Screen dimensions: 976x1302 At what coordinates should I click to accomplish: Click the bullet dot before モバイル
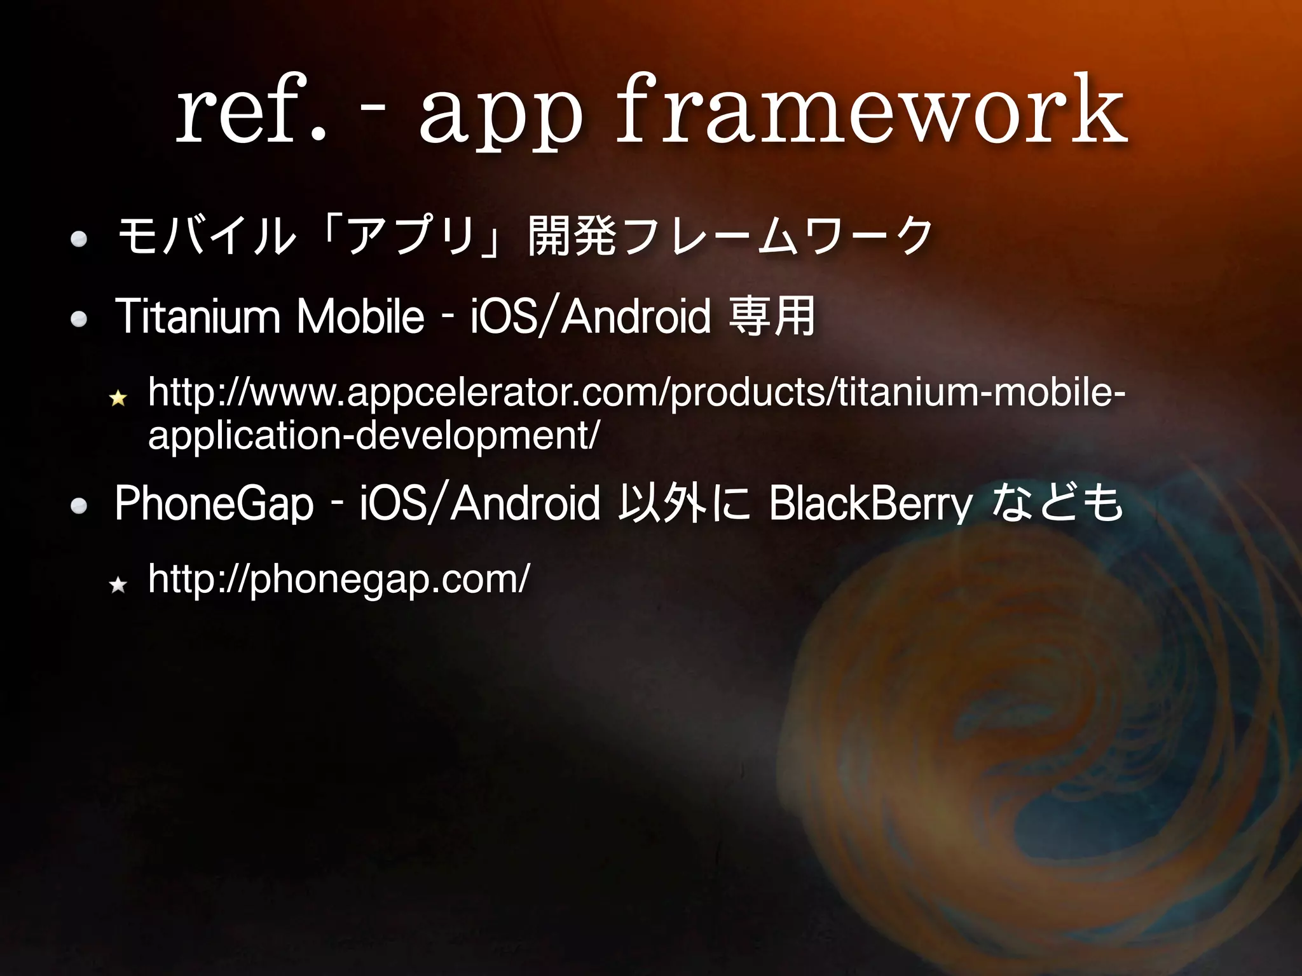click(79, 239)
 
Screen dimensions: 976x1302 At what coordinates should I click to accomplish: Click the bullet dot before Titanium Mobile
click(79, 320)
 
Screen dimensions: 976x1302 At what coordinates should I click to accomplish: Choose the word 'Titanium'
click(197, 316)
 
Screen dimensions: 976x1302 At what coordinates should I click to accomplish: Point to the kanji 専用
click(772, 316)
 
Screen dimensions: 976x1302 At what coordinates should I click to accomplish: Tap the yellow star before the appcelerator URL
click(118, 398)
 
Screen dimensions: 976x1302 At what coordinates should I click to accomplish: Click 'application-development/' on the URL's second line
click(373, 436)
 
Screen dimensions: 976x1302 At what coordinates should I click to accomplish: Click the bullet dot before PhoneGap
click(79, 506)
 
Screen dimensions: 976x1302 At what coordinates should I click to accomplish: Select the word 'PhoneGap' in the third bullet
click(214, 503)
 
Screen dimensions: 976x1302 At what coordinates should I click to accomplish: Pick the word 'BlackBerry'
click(870, 503)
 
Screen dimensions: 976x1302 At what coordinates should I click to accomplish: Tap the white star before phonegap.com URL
click(118, 585)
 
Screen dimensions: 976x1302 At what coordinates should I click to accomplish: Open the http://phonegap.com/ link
click(338, 579)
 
